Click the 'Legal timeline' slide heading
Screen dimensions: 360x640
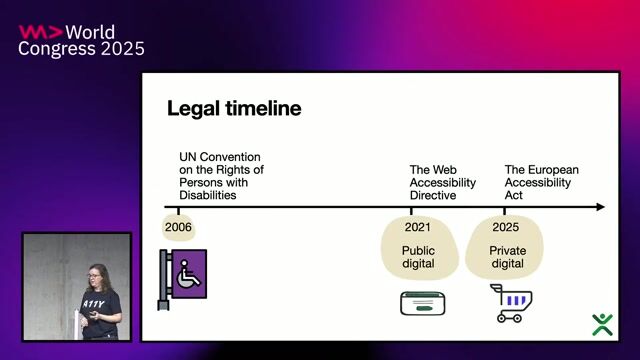[x=233, y=108]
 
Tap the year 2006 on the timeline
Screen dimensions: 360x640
[x=178, y=227]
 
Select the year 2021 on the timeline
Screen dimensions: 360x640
[x=418, y=227]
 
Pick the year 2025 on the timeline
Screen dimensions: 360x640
[x=505, y=227]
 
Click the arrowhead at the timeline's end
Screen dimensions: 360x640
[x=599, y=207]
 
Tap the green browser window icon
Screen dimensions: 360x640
[x=422, y=303]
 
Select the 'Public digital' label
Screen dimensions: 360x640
[x=418, y=257]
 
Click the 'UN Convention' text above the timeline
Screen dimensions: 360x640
[x=219, y=158]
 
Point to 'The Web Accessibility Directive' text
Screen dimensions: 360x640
[x=436, y=183]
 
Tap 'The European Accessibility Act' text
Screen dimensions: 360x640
[x=541, y=183]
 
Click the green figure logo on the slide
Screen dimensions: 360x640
[x=602, y=324]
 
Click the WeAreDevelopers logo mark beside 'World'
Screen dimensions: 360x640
[x=40, y=31]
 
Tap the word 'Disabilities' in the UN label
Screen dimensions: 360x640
[x=207, y=196]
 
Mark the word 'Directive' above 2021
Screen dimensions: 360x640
[x=432, y=196]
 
